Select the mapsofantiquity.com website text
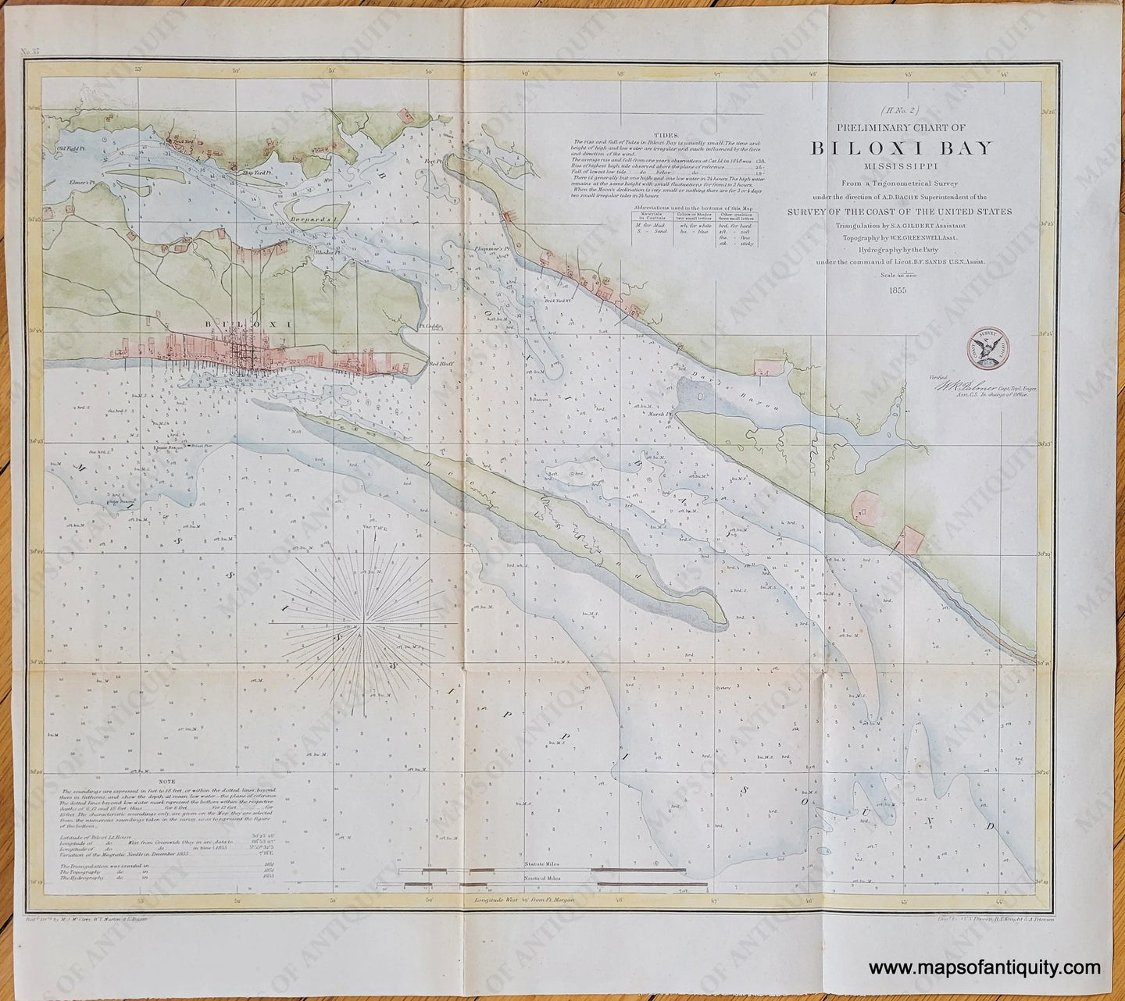pos(985,969)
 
